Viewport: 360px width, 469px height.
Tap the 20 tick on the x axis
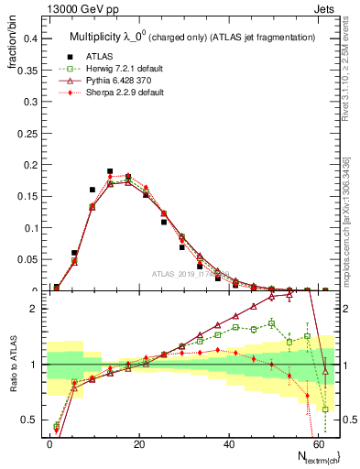pos(137,443)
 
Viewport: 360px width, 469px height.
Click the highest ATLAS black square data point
pos(110,171)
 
